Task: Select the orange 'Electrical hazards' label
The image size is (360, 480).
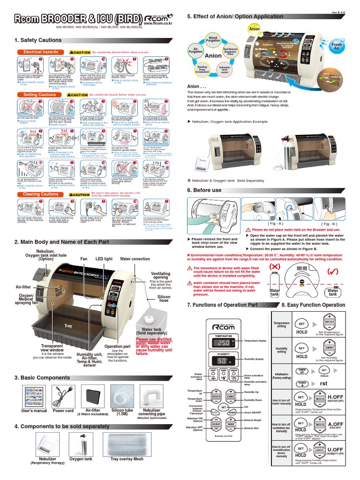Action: click(41, 52)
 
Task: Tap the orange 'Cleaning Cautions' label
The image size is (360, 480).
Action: click(41, 194)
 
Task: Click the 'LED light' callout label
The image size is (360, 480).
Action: click(105, 258)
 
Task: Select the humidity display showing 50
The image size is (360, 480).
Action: click(225, 361)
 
